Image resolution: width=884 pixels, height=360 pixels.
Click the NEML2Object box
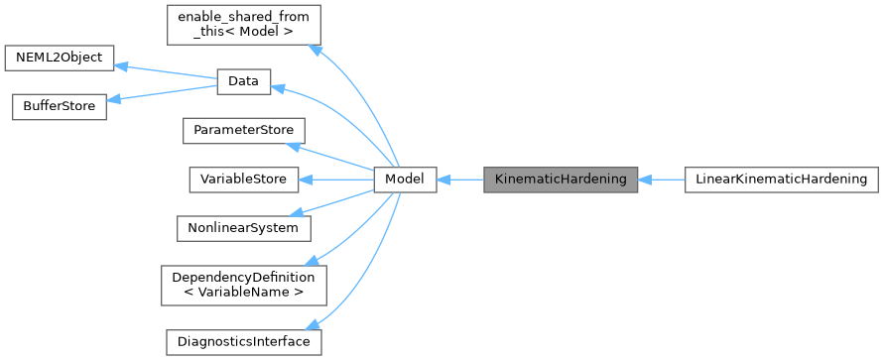(x=60, y=57)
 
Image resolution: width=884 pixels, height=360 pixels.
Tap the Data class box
(x=242, y=81)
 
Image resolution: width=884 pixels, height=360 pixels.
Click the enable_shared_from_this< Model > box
(x=243, y=25)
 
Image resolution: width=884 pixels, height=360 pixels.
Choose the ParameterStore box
(x=243, y=130)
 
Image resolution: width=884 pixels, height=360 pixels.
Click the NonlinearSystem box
(x=243, y=227)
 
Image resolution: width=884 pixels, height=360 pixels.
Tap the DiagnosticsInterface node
(x=243, y=341)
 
